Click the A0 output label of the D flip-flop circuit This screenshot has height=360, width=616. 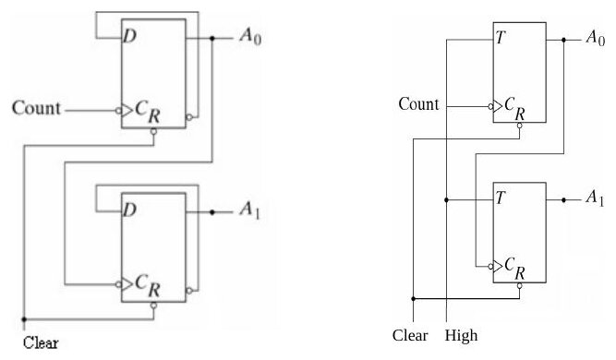click(x=250, y=37)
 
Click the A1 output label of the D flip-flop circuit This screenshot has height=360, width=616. click(x=250, y=210)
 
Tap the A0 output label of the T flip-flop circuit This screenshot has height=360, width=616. click(x=595, y=38)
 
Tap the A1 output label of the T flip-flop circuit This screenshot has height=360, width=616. click(x=595, y=198)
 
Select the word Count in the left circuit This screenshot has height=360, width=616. click(x=36, y=108)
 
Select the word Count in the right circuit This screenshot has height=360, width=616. click(x=418, y=104)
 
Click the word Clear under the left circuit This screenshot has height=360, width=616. click(x=41, y=342)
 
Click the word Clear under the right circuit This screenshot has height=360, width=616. click(x=410, y=335)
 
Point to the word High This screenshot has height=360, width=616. click(x=461, y=336)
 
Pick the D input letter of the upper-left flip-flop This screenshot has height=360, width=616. click(x=130, y=36)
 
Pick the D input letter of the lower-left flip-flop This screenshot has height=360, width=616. click(x=130, y=210)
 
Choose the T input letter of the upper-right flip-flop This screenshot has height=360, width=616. click(x=501, y=38)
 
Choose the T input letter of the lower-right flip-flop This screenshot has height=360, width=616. click(x=501, y=198)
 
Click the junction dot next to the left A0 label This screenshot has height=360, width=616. click(x=212, y=39)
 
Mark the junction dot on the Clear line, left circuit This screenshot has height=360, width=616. click(x=24, y=319)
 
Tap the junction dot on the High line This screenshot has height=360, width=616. click(x=446, y=199)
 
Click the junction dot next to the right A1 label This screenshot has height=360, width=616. click(x=563, y=199)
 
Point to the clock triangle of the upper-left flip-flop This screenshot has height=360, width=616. click(x=127, y=111)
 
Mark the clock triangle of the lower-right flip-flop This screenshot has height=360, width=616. click(x=498, y=266)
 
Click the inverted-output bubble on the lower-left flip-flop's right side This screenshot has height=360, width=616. click(x=189, y=291)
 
